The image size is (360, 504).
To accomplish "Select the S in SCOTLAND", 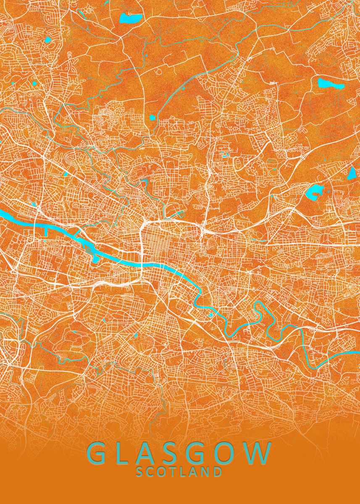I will tap(140, 472).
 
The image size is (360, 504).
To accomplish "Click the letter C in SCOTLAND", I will tap(151, 472).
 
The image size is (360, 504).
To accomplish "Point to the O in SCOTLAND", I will tap(163, 472).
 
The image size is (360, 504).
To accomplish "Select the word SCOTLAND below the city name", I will tap(179, 472).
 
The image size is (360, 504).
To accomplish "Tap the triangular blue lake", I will tap(352, 173).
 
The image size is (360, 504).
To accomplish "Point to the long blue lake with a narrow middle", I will tap(331, 83).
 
